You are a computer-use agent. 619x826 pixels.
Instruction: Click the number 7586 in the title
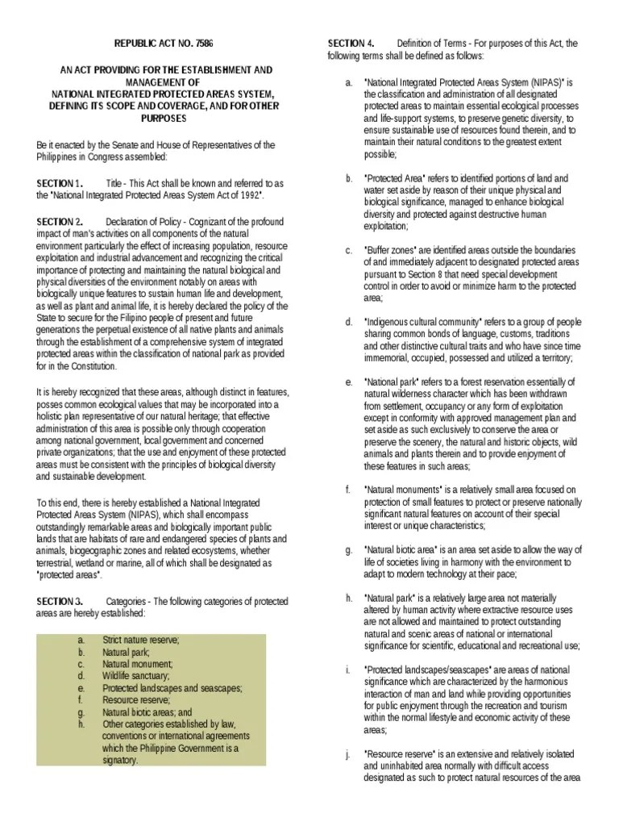[205, 43]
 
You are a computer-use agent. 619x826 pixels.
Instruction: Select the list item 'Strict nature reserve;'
[140, 640]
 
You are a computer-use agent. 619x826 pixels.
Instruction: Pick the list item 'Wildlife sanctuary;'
[135, 676]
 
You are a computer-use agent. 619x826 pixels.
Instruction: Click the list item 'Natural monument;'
[137, 664]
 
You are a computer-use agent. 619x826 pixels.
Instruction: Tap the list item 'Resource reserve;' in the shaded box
[135, 700]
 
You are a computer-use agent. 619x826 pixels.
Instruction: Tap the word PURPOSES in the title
[164, 118]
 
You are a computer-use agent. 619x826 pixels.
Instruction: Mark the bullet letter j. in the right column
[347, 754]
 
